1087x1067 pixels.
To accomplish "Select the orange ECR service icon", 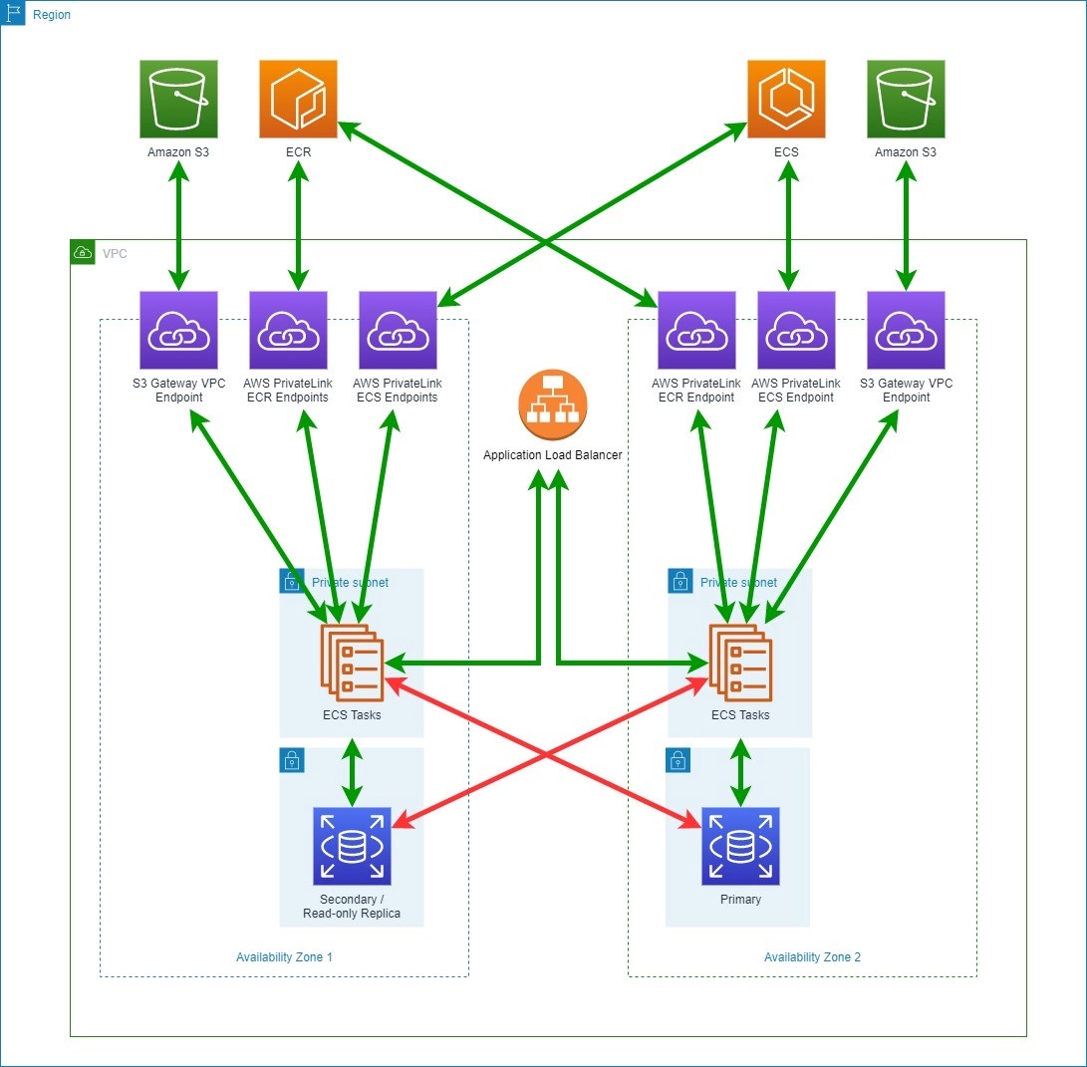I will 298,99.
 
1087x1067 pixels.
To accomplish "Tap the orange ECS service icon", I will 786,99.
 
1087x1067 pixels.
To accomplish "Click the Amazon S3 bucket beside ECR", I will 178,99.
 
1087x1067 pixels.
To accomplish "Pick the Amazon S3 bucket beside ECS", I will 906,99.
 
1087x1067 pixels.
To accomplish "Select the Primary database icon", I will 740,847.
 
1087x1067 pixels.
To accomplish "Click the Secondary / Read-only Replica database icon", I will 352,847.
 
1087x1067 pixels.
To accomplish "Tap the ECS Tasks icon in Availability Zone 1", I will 350,661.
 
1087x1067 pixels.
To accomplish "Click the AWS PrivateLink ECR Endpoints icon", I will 288,330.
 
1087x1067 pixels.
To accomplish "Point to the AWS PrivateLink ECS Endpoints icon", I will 398,330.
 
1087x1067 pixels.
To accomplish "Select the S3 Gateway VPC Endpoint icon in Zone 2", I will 906,330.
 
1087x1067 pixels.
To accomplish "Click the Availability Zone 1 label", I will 284,957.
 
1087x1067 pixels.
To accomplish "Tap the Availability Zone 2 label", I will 812,957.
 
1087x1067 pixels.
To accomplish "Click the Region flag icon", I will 13,14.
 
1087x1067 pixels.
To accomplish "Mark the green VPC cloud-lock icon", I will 83,253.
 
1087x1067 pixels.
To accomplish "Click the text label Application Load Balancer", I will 553,455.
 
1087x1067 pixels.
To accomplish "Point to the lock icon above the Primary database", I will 678,762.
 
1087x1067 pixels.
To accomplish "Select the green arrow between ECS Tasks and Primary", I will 740,772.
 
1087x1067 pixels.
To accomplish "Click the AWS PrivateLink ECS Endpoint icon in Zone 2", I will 796,330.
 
